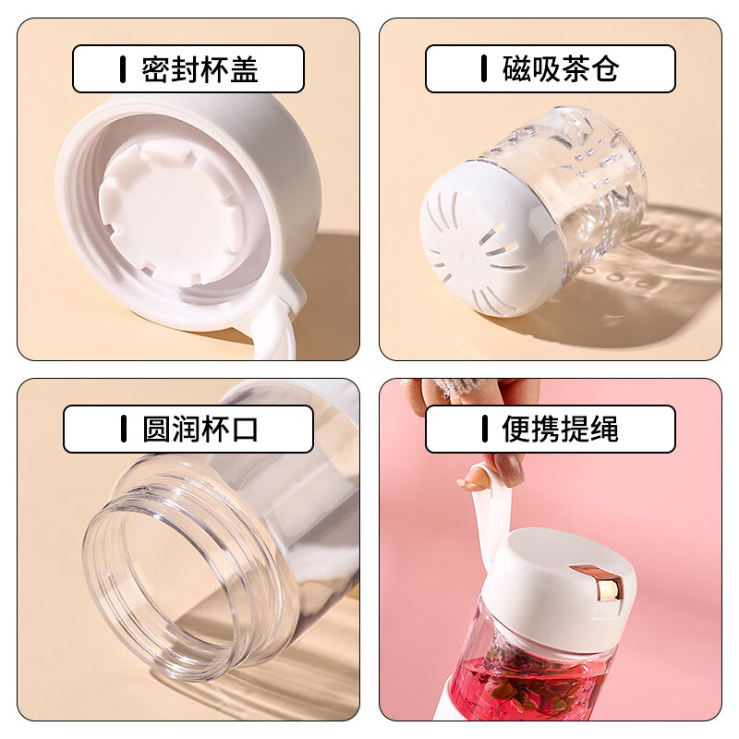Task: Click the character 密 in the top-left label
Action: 154,69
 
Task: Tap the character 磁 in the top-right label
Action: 516,69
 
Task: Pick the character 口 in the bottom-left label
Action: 245,430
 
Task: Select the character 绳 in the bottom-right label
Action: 606,430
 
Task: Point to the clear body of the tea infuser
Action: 591,185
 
